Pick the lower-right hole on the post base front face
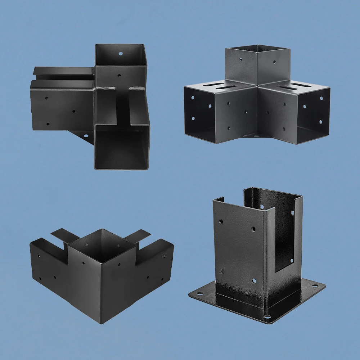coord(254,280)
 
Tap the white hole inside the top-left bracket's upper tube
coord(121,53)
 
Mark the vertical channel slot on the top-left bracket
coord(123,108)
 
